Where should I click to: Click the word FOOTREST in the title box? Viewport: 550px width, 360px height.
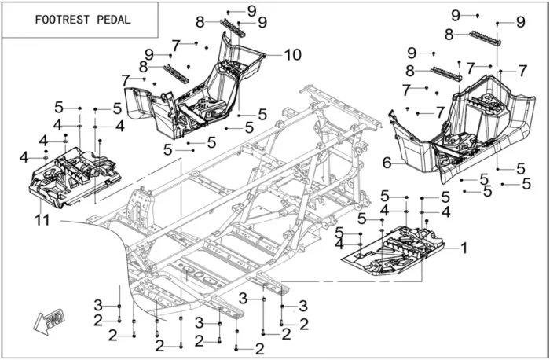pos(60,20)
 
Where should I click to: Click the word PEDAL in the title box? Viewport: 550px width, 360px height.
pos(115,20)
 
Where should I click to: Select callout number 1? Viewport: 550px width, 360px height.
pos(464,248)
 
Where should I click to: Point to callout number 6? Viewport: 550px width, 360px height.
pos(387,162)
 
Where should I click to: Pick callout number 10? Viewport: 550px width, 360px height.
pos(292,55)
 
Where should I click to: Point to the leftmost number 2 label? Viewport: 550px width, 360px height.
pos(98,320)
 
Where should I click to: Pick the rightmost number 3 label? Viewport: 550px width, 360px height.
pos(302,305)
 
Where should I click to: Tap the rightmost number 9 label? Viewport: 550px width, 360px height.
pos(520,21)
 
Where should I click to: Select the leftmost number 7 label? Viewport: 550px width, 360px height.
pos(125,79)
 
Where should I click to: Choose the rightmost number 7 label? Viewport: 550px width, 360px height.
pos(522,71)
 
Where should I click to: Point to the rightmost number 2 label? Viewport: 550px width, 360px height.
pos(304,323)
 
